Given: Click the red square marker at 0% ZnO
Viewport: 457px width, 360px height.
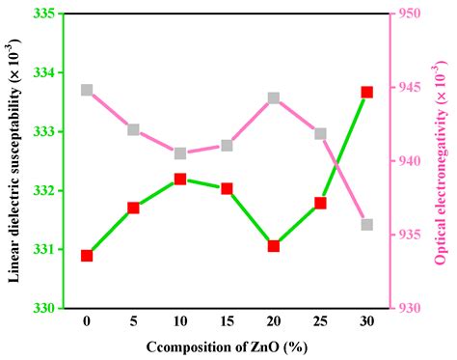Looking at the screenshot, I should [x=87, y=256].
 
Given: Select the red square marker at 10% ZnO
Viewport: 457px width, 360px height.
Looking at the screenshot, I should [x=180, y=180].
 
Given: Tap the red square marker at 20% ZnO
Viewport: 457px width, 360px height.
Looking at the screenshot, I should [x=274, y=246].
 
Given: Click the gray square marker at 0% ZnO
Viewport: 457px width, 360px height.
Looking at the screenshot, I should [x=87, y=90].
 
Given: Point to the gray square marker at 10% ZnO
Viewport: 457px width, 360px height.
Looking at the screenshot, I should [x=180, y=152].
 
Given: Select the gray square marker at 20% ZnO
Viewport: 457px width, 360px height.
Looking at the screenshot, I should [x=274, y=97].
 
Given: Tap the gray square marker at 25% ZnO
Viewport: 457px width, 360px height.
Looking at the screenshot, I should [x=320, y=133].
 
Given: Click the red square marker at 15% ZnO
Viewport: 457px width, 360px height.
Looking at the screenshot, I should [x=227, y=188].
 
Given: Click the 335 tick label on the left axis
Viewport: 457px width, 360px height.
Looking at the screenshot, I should [x=43, y=14].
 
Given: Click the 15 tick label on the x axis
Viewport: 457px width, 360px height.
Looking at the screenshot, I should [x=227, y=320].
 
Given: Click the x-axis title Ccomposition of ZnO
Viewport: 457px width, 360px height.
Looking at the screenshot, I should [x=228, y=346].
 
